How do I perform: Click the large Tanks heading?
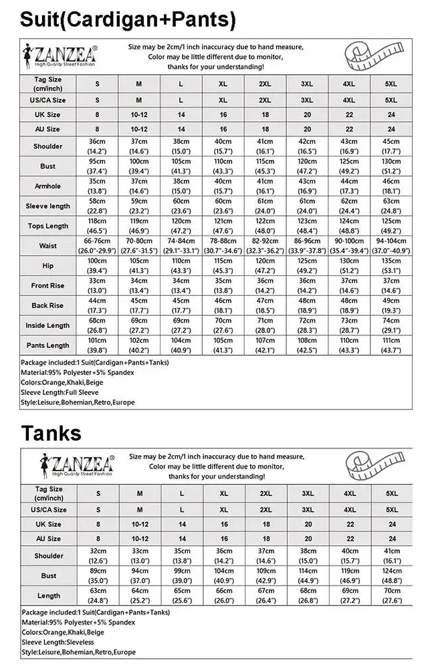point(51,432)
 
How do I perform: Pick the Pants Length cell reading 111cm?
point(391,345)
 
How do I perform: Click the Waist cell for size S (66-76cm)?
point(97,246)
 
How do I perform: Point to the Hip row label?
point(47,266)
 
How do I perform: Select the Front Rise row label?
point(47,286)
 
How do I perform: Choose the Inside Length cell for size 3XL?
point(307,325)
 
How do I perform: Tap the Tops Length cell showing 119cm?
point(139,226)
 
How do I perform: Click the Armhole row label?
point(47,186)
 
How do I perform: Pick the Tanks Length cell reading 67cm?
point(265,596)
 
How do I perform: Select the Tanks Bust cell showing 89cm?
point(98,576)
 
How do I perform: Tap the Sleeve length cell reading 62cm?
point(348,206)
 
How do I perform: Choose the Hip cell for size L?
point(181,266)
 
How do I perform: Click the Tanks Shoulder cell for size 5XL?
point(392,556)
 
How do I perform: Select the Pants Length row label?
point(47,345)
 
